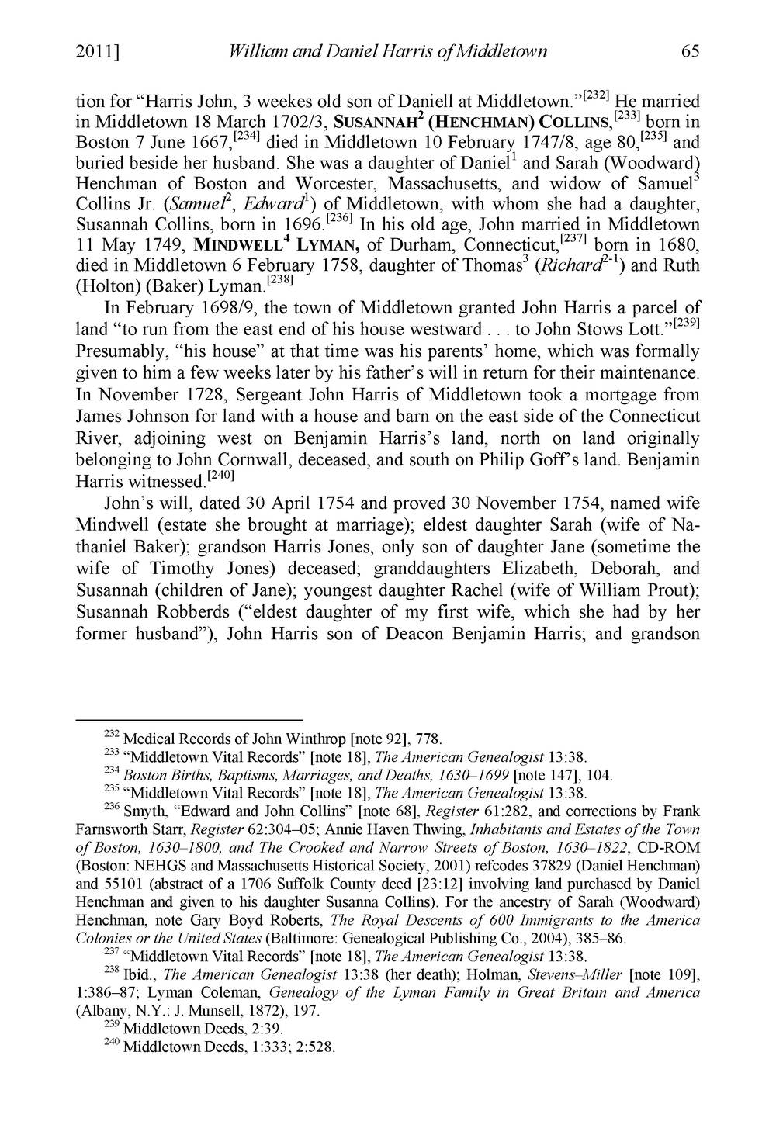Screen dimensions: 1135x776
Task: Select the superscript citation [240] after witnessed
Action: (x=228, y=473)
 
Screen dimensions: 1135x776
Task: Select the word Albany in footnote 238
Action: (x=99, y=1011)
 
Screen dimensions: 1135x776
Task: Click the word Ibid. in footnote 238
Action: (x=143, y=974)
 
